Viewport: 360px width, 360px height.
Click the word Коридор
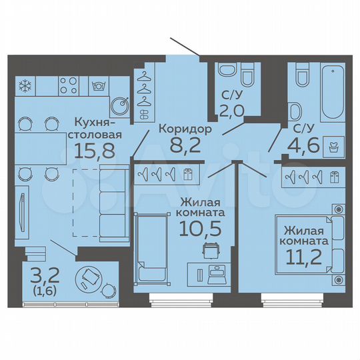click(x=186, y=129)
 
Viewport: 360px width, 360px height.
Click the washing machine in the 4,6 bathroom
click(x=332, y=143)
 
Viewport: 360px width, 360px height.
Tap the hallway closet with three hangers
click(x=143, y=92)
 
